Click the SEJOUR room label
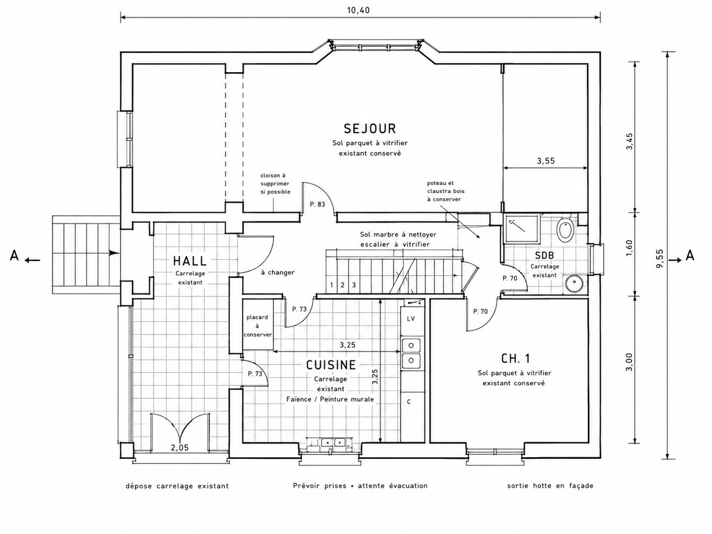coord(370,128)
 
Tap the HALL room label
coord(190,261)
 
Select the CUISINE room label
coord(331,365)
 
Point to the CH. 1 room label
coord(516,358)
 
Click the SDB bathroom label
coord(545,256)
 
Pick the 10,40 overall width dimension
coord(358,10)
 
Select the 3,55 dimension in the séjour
coord(546,161)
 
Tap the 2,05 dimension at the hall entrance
coord(179,448)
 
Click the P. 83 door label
coord(317,204)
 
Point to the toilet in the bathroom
coord(565,230)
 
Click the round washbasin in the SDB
coord(574,283)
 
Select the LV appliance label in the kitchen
coord(411,319)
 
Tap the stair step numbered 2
coord(343,285)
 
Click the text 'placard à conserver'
coord(258,326)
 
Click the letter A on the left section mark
coord(14,256)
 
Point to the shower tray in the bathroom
coord(522,229)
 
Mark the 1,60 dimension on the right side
coord(629,248)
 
